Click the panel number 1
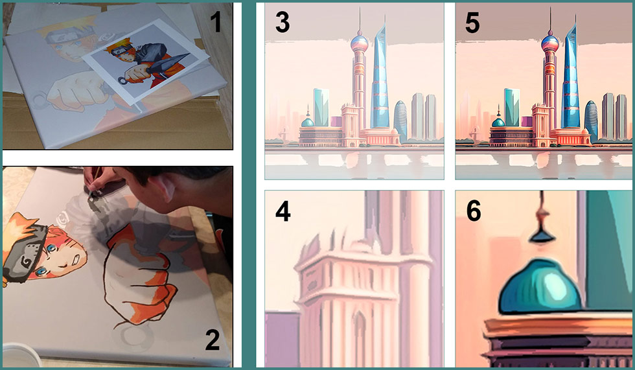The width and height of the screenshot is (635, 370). tap(216, 21)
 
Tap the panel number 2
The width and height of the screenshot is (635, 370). tap(213, 340)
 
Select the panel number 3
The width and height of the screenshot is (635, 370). tap(283, 22)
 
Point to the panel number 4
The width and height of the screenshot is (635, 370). tap(283, 211)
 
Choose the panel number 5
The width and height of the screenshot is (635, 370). tap(472, 22)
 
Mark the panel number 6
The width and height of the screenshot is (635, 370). tap(474, 211)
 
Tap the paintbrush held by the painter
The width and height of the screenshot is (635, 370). tap(96, 181)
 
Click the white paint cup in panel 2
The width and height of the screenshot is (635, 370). tap(20, 356)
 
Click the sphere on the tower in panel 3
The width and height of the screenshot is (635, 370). tap(359, 43)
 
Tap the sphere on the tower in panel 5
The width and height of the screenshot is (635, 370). tap(550, 43)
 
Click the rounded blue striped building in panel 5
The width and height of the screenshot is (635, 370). tap(591, 121)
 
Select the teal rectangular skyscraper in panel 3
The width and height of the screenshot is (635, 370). tap(321, 108)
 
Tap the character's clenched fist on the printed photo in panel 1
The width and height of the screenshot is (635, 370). tap(135, 74)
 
